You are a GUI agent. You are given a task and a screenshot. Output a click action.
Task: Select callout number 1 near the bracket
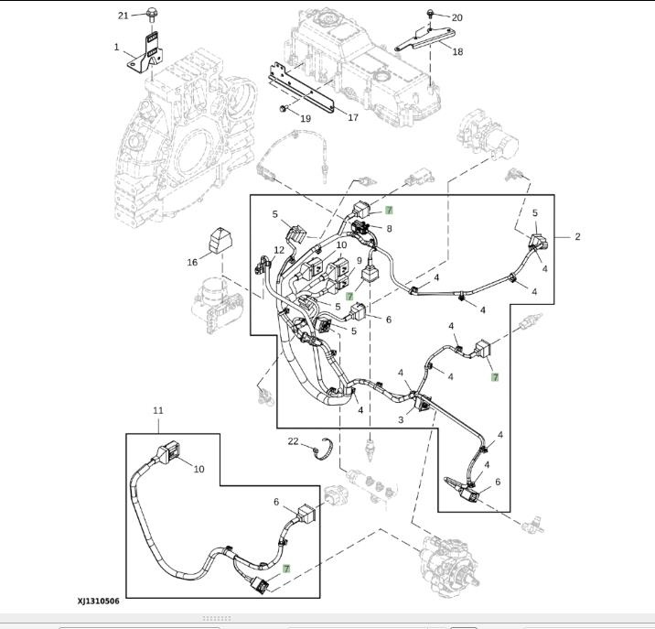click(x=117, y=47)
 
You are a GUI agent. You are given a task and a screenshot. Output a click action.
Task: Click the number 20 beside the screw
click(x=456, y=17)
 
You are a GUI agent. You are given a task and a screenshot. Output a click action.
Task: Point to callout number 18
click(x=456, y=52)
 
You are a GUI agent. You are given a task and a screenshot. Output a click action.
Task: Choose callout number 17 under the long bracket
click(x=352, y=117)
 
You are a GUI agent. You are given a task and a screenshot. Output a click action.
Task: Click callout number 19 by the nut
click(x=305, y=118)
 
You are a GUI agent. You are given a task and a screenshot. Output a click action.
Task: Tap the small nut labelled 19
click(x=282, y=110)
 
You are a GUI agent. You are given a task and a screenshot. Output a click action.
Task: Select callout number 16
click(x=192, y=263)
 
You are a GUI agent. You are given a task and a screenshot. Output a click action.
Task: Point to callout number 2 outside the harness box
click(x=577, y=236)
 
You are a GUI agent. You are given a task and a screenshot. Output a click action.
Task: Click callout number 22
click(x=293, y=441)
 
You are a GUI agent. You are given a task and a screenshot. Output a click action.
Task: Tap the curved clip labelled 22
click(x=320, y=451)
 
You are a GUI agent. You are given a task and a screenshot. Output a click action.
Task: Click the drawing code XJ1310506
click(x=98, y=602)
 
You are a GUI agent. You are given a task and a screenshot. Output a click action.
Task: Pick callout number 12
click(x=280, y=251)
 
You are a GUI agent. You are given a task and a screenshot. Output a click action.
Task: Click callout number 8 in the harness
click(x=389, y=228)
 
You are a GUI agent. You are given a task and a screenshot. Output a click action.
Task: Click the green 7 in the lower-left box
click(x=286, y=569)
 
